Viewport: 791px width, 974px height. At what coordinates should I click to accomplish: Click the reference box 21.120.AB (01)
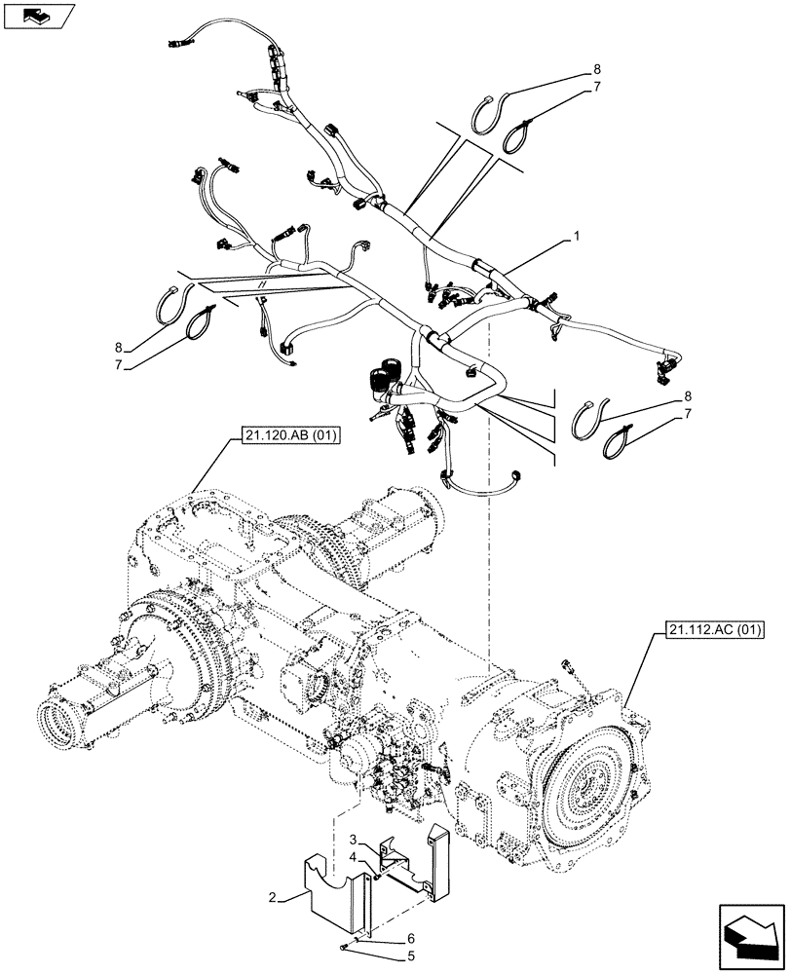coord(285,438)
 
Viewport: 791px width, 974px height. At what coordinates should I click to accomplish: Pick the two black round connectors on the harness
coord(385,374)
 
